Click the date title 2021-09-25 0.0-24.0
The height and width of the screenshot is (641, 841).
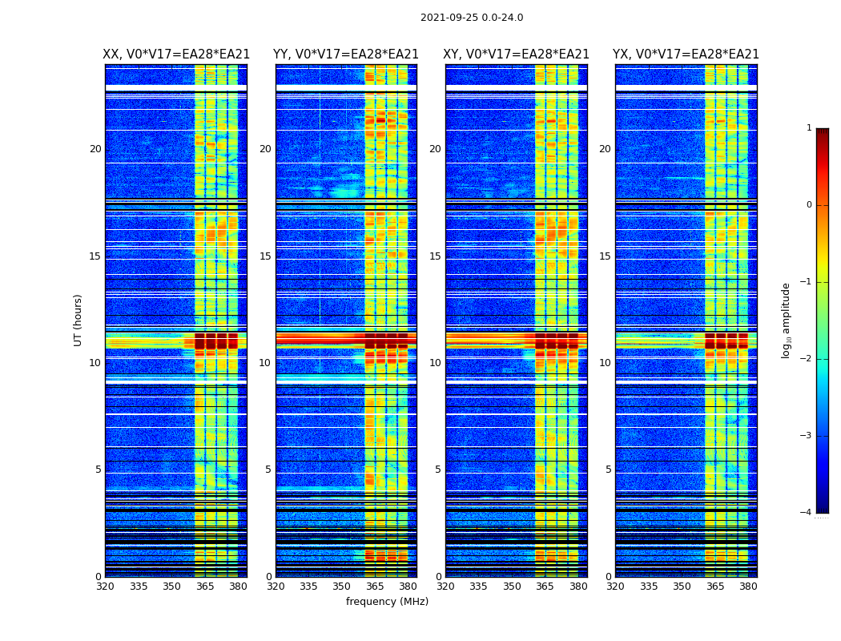(472, 18)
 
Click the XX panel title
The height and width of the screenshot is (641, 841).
(176, 54)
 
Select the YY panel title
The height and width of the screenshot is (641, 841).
(346, 54)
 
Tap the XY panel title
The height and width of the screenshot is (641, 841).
(516, 54)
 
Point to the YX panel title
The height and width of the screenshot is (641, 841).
(686, 54)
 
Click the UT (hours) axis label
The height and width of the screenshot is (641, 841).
(78, 320)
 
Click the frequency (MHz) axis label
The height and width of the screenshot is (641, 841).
(387, 602)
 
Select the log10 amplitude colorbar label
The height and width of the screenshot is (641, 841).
(787, 320)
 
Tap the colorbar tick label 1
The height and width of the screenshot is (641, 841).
(809, 128)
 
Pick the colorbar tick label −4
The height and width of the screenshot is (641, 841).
(807, 513)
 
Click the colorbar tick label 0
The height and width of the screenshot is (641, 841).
(809, 205)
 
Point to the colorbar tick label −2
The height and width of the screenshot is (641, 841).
(807, 359)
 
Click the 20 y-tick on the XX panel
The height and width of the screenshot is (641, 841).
(95, 149)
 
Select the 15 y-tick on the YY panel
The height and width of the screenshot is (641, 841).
(265, 256)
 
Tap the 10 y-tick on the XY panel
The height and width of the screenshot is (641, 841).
(435, 363)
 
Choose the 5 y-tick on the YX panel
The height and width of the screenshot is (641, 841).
(608, 470)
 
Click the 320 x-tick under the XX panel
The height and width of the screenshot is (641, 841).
(105, 587)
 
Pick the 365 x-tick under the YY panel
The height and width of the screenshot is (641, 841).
(375, 587)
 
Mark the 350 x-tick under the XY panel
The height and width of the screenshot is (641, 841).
(512, 587)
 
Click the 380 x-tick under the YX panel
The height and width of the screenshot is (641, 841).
(748, 587)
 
